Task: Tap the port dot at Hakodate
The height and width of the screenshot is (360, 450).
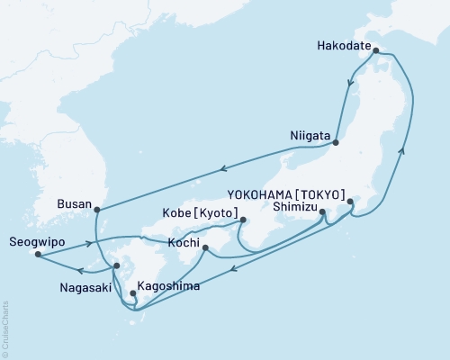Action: [376, 51]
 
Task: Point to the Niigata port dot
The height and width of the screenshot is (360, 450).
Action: [336, 142]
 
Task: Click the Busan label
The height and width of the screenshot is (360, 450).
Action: [74, 204]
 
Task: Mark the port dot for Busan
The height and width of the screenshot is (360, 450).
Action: [96, 210]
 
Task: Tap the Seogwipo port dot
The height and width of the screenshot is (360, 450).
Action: [38, 255]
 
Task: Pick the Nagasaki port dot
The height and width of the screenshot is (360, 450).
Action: [116, 266]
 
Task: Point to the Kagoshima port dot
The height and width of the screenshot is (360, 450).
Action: [133, 292]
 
